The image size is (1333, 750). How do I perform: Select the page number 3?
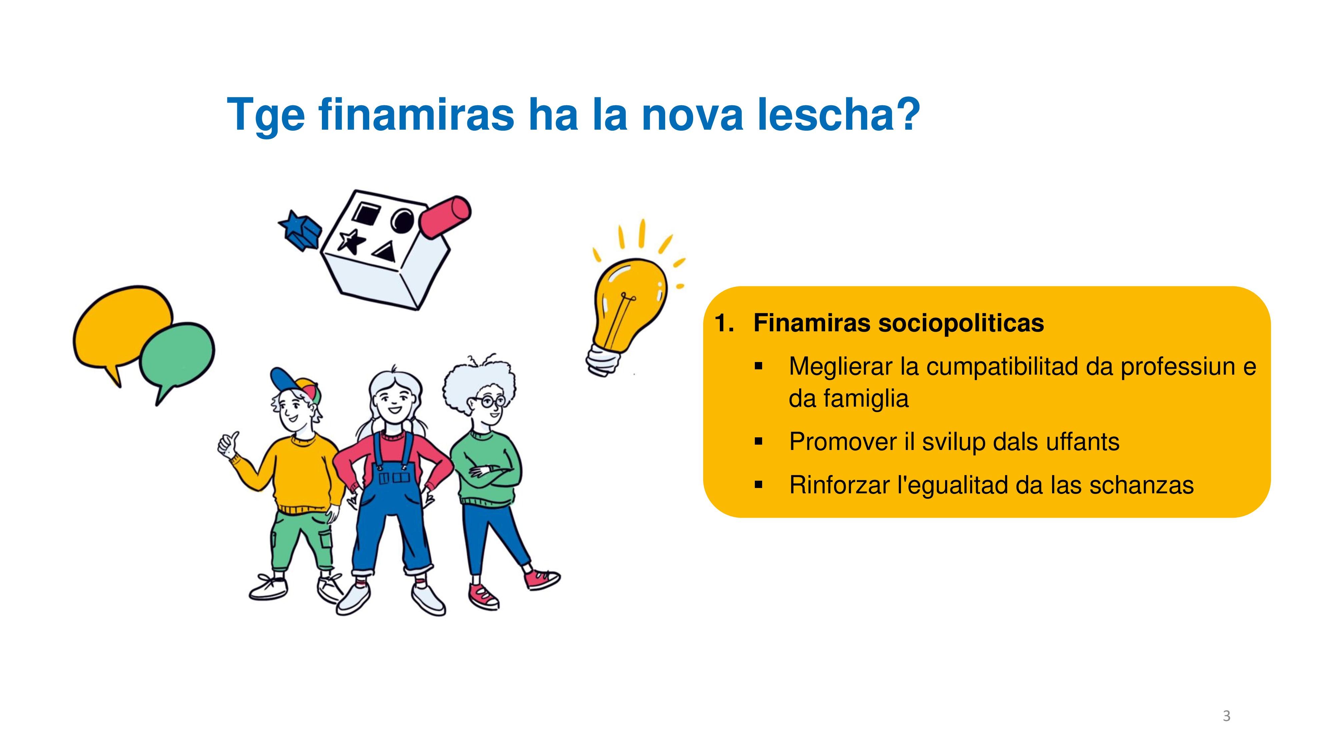tap(1226, 716)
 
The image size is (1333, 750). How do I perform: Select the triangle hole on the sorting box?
tap(385, 252)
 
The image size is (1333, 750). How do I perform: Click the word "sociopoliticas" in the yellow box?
tap(961, 323)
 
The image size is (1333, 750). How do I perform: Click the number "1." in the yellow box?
tap(724, 323)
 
